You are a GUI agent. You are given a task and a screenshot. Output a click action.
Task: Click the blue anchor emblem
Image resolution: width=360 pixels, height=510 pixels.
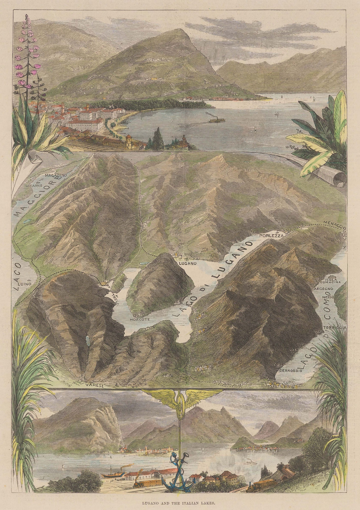point(175,481)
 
